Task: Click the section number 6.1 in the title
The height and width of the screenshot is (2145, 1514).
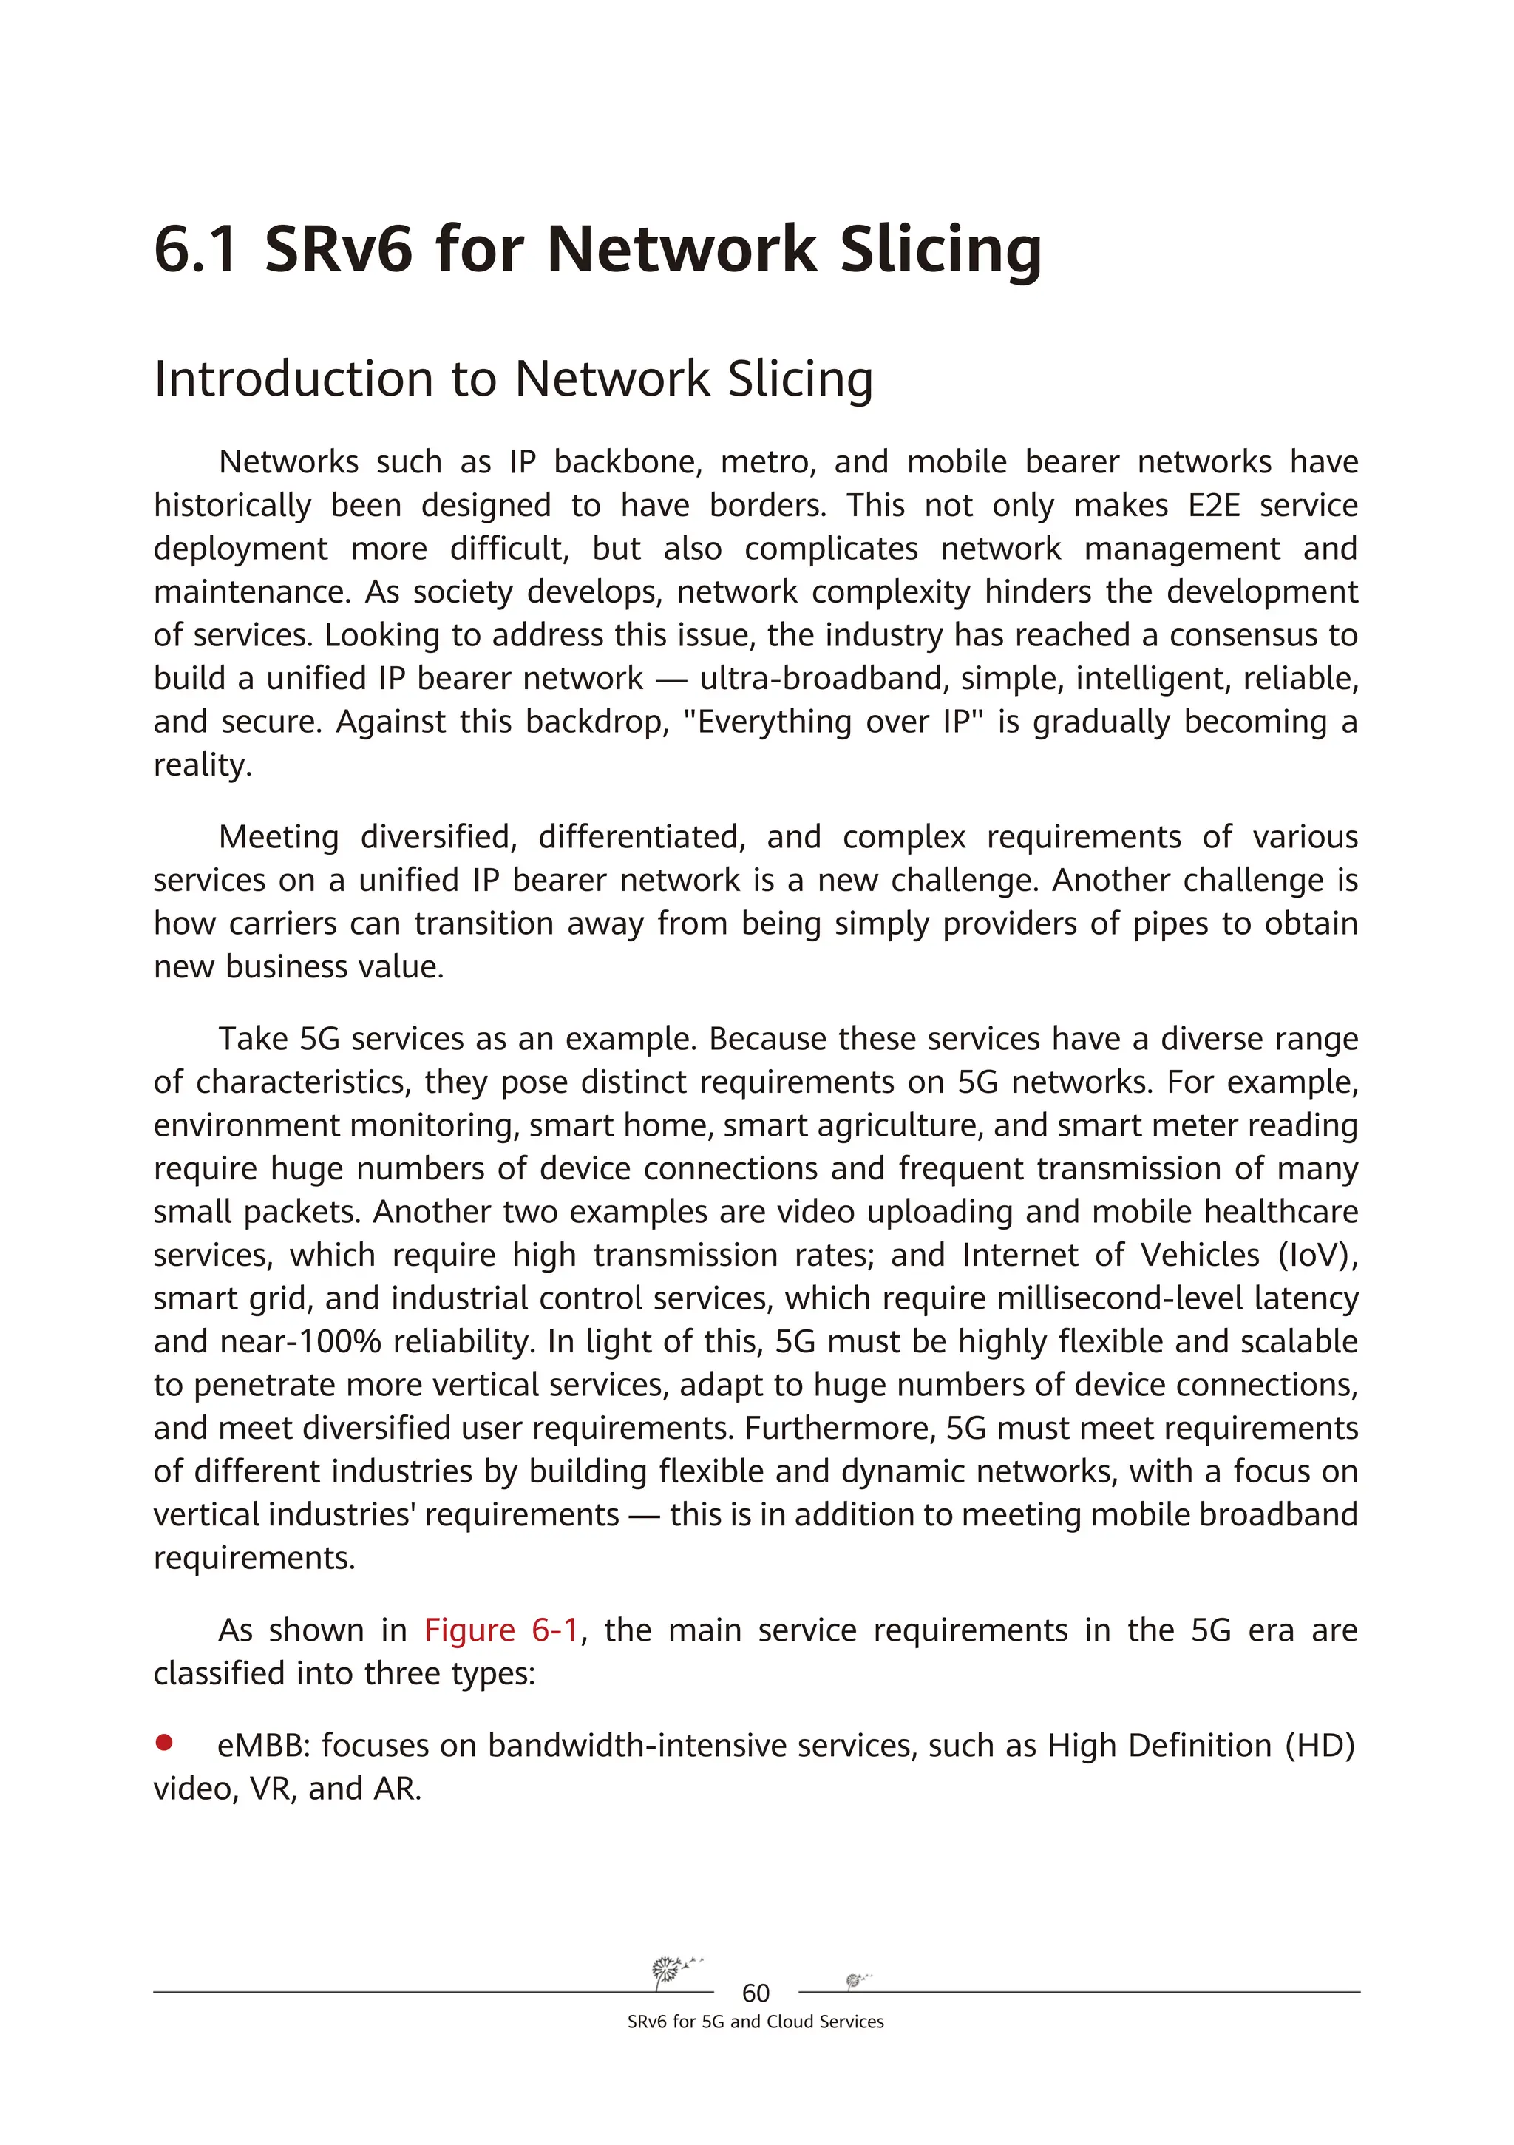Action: pyautogui.click(x=195, y=251)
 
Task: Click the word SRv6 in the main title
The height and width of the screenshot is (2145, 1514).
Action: pyautogui.click(x=338, y=251)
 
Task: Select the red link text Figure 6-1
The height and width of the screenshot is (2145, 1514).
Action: pyautogui.click(x=501, y=1630)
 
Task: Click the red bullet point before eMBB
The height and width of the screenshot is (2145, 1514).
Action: pyautogui.click(x=164, y=1741)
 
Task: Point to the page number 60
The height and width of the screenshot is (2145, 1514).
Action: pyautogui.click(x=755, y=1993)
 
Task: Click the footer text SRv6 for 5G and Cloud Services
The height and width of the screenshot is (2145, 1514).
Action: pyautogui.click(x=755, y=2022)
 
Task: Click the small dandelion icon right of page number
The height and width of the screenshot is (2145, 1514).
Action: pyautogui.click(x=855, y=1979)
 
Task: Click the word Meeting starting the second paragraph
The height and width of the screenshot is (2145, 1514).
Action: pyautogui.click(x=278, y=837)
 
